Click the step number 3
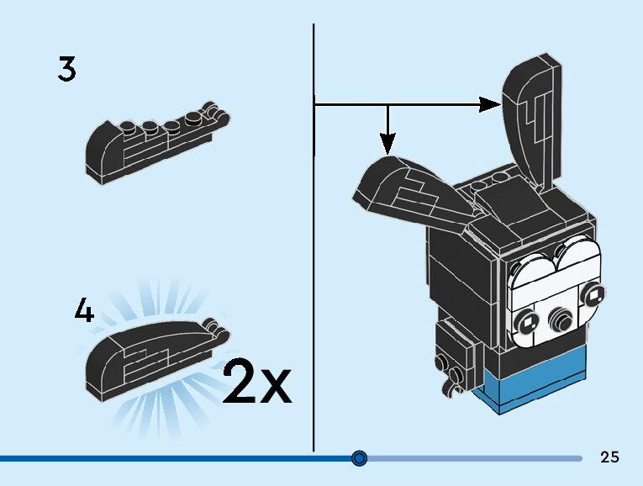pyautogui.click(x=67, y=69)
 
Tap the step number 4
pyautogui.click(x=83, y=312)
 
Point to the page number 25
pyautogui.click(x=609, y=457)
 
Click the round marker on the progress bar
pyautogui.click(x=360, y=458)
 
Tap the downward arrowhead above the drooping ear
pyautogui.click(x=387, y=142)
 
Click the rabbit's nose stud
pyautogui.click(x=557, y=320)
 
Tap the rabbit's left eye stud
pyautogui.click(x=529, y=320)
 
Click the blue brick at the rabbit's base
pyautogui.click(x=538, y=388)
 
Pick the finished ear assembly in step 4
pyautogui.click(x=147, y=357)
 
